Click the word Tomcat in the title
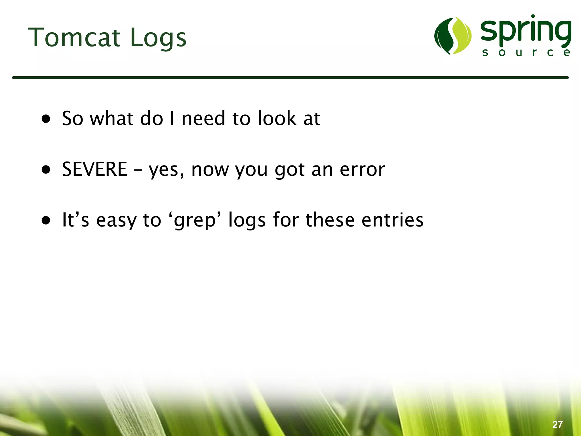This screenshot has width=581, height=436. (x=74, y=37)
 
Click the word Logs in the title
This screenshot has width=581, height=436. (x=158, y=38)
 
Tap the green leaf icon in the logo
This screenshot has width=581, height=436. (x=453, y=36)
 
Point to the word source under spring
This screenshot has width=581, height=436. (x=526, y=52)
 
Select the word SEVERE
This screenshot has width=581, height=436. (x=94, y=169)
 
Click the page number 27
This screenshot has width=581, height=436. (x=557, y=425)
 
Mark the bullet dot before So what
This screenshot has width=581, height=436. (x=46, y=119)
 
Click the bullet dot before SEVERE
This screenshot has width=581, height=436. (x=46, y=169)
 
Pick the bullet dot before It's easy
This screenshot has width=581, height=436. (x=46, y=220)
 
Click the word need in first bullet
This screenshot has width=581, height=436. (x=203, y=118)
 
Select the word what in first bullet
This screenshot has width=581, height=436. (x=111, y=118)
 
